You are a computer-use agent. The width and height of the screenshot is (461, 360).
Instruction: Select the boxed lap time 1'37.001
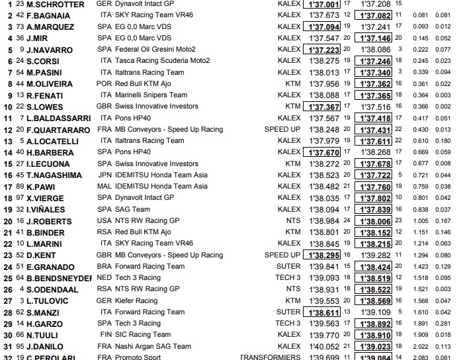click(x=321, y=5)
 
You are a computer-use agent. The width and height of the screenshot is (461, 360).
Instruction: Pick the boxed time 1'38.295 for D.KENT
click(x=321, y=254)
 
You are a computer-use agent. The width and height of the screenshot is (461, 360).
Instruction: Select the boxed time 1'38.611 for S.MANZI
click(x=321, y=312)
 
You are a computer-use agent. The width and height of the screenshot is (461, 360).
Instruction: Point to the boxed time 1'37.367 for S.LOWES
click(x=321, y=106)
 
